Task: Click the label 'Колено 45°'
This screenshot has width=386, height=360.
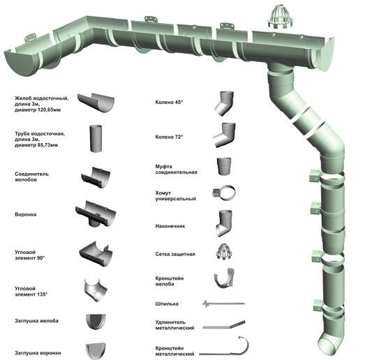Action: [169, 103]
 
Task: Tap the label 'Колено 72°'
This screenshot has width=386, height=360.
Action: [169, 137]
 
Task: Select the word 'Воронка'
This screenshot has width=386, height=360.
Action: [26, 215]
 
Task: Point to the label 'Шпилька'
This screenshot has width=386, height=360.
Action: [167, 304]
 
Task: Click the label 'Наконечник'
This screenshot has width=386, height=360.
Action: [170, 226]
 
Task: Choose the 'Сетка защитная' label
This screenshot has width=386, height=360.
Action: [175, 254]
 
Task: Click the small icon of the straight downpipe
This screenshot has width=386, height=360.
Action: [96, 139]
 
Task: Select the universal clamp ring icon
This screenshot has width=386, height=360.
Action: [224, 193]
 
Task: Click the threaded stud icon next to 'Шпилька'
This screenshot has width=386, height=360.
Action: [223, 304]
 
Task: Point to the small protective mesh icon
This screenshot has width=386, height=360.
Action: [224, 252]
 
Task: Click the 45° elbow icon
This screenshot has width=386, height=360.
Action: [223, 103]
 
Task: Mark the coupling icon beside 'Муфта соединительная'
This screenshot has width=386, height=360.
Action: [224, 166]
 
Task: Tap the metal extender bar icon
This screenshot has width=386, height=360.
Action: [224, 325]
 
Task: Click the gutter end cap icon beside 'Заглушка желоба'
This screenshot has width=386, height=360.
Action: [96, 322]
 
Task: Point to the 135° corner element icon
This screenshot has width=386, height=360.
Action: [96, 290]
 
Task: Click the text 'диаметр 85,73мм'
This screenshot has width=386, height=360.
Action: [36, 145]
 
